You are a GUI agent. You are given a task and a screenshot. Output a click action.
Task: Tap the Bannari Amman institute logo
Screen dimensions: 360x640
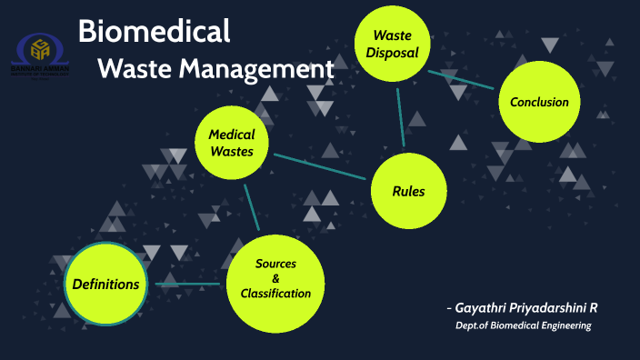coord(42,55)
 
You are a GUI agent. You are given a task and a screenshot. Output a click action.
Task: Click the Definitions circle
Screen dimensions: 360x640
coord(105,285)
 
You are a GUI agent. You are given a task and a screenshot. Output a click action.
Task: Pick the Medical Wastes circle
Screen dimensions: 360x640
coord(232,143)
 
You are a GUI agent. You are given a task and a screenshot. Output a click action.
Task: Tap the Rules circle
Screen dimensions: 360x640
coord(408,191)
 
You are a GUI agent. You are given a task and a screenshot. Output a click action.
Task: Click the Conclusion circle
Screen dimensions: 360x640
coord(539,102)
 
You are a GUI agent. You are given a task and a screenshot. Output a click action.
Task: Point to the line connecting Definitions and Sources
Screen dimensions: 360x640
coord(189,285)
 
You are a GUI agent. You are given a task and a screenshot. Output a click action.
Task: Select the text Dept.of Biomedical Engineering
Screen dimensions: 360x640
coord(523,325)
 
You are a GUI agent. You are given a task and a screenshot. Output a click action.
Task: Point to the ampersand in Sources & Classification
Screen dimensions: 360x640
coord(275,278)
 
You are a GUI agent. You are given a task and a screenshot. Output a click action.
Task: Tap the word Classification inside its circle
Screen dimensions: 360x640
coord(275,294)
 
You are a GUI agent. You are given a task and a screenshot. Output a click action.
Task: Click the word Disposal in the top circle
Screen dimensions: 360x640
coord(392,53)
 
